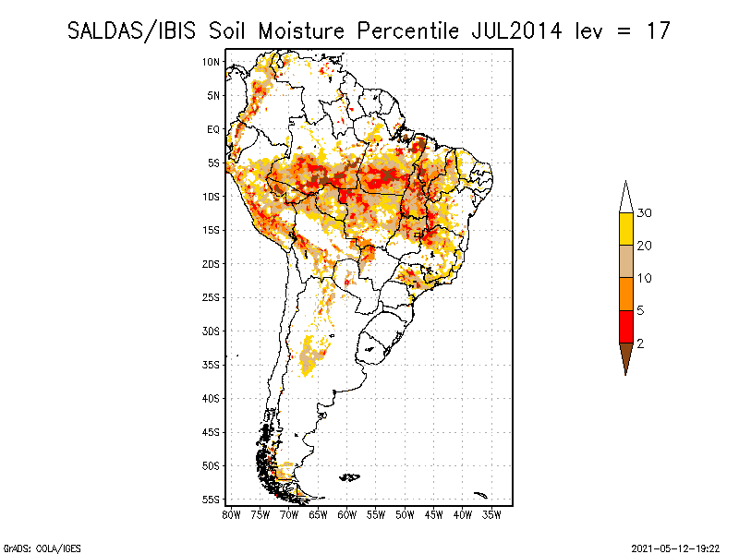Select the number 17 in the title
point(656,30)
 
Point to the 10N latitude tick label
point(212,62)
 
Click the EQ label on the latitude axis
point(213,129)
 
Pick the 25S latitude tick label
point(212,297)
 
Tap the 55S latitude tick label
point(212,500)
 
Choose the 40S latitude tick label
point(212,398)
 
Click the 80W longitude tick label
point(231,513)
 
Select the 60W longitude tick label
point(347,513)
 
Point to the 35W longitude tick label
point(492,513)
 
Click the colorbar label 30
point(645,213)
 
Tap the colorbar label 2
point(640,343)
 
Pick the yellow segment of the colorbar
point(625,229)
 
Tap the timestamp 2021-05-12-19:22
point(676,548)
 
